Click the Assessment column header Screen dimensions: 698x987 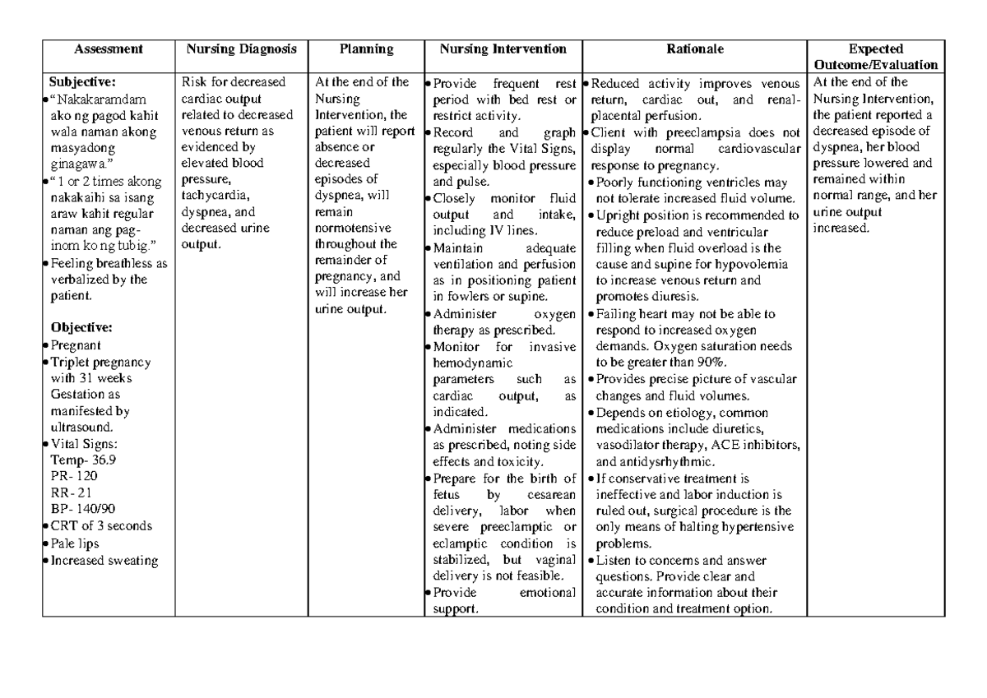(x=108, y=49)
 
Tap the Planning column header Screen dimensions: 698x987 (x=366, y=49)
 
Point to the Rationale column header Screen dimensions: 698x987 (x=696, y=49)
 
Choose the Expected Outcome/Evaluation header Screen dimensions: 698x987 (x=876, y=57)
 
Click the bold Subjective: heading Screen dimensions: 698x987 (x=82, y=81)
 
